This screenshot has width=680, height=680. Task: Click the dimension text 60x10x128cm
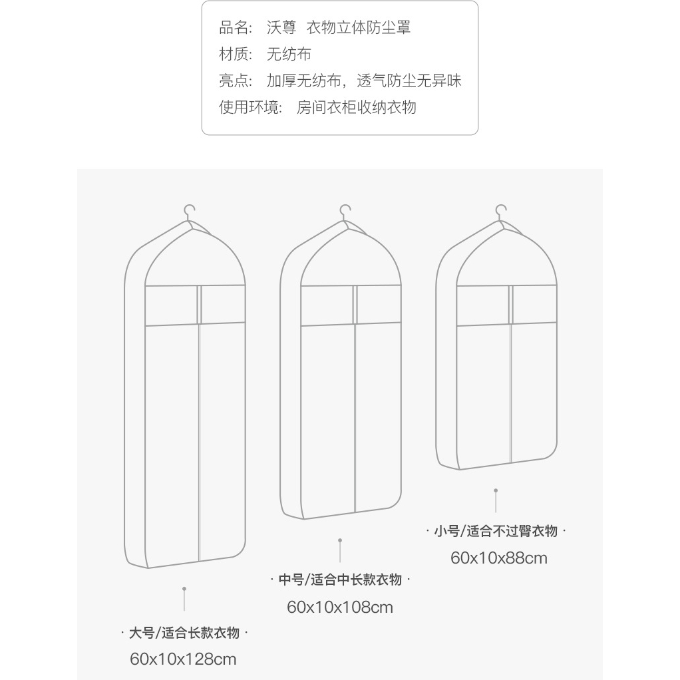183,659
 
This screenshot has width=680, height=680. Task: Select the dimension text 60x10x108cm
340,607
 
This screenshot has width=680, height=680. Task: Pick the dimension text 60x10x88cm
499,558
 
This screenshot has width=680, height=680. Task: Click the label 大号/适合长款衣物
184,633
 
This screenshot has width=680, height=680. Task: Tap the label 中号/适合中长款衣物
340,580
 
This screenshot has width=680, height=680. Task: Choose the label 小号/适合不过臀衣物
496,531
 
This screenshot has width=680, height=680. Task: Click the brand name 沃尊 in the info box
281,27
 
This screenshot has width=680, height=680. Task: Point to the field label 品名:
236,27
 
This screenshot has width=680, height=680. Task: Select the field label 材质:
236,54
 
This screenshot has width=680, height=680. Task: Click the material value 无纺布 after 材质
289,54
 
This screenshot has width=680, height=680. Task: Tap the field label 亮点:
236,81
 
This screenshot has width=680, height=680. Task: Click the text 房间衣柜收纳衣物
357,107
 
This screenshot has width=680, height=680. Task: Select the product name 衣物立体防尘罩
359,27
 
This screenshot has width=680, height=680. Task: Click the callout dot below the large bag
184,588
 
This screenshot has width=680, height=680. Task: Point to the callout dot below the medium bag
340,540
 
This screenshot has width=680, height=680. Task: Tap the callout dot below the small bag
496,490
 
